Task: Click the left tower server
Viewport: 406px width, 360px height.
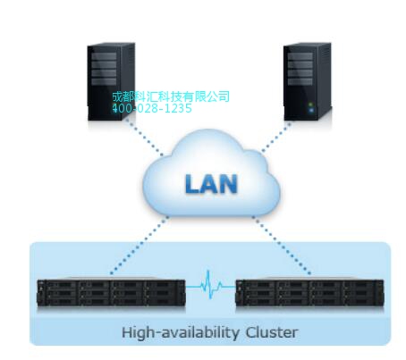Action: [111, 82]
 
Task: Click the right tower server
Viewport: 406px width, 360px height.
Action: [308, 82]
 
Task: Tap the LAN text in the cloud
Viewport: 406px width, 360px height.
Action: [211, 184]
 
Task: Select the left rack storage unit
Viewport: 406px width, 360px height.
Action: [111, 292]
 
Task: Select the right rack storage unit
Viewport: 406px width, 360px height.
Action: [309, 292]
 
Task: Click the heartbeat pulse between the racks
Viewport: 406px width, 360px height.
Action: [210, 285]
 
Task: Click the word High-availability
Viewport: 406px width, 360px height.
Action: [180, 332]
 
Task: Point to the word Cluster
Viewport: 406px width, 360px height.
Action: [272, 332]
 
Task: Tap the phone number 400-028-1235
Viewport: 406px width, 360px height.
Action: [152, 108]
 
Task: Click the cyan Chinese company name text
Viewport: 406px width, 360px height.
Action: [171, 96]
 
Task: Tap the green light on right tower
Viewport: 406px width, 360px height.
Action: [311, 105]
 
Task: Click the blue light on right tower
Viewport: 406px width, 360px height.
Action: [311, 111]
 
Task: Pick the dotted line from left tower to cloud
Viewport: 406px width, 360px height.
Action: [144, 137]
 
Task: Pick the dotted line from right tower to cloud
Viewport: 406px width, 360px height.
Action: [276, 137]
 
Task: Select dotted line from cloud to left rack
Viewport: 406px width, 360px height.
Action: [140, 245]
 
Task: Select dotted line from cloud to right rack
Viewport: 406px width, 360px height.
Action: [282, 245]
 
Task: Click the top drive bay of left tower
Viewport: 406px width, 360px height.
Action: [104, 56]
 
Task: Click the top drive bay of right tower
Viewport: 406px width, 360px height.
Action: [300, 56]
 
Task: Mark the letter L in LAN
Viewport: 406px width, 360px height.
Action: [192, 184]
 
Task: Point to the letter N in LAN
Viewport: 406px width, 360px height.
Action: [229, 184]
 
